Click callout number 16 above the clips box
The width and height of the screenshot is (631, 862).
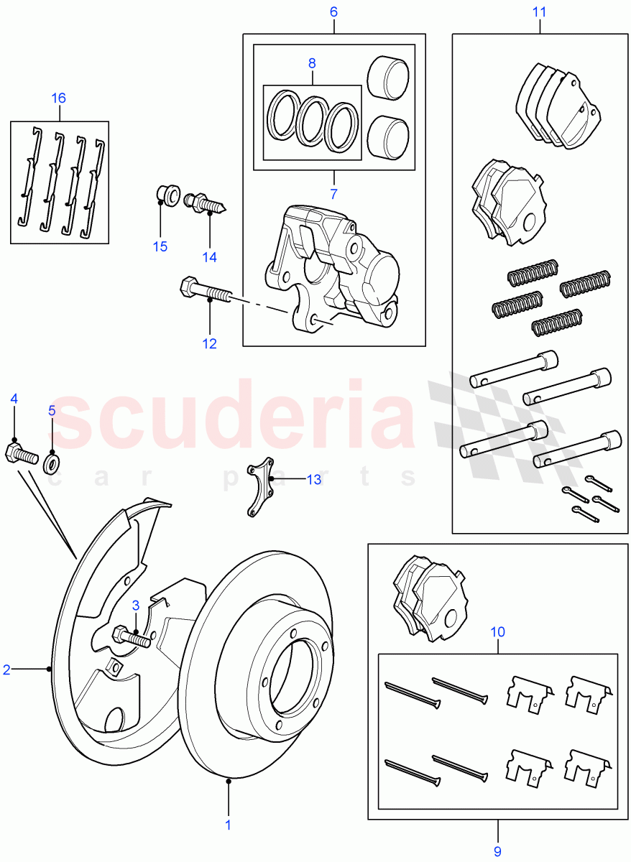click(x=58, y=98)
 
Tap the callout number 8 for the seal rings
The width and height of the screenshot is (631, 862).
click(x=312, y=63)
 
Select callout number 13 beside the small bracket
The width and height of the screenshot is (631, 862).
click(x=314, y=479)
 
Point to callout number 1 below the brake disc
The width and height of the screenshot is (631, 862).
click(x=228, y=825)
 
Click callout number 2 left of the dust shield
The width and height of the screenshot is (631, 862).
click(x=7, y=669)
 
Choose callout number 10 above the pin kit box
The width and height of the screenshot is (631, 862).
click(x=497, y=632)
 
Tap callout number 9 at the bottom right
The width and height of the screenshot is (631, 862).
click(x=497, y=851)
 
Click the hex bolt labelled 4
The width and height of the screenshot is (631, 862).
click(x=21, y=454)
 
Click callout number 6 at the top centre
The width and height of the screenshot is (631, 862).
click(x=333, y=12)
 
